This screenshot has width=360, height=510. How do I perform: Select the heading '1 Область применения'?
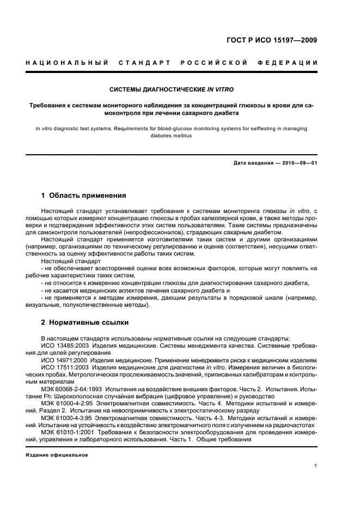coord(84,195)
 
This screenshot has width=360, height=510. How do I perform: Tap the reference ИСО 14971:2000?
coord(65,361)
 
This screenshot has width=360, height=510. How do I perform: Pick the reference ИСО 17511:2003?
coord(65,368)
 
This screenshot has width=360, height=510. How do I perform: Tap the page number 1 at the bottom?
coord(316,466)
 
